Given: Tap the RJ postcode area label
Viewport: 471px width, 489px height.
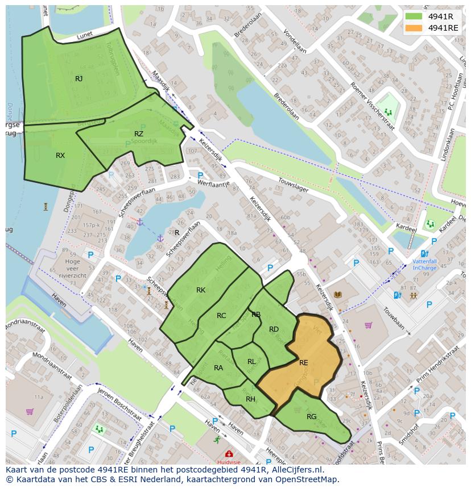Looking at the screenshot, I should tap(78, 79).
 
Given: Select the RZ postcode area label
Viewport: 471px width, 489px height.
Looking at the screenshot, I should tap(139, 134).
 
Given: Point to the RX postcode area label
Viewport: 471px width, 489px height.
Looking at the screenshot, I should tap(60, 156).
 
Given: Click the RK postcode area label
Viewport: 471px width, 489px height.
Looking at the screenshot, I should tap(201, 290).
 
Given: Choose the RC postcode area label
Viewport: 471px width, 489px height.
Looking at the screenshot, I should tap(221, 316).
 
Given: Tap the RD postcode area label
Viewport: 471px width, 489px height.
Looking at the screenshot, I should tap(274, 329).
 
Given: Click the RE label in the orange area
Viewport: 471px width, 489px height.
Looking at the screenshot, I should tap(304, 362).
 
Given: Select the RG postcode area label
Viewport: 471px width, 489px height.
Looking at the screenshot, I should tap(311, 417).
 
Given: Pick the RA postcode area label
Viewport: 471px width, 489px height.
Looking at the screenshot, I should tap(218, 368).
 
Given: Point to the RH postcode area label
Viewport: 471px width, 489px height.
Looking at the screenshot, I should tap(250, 399).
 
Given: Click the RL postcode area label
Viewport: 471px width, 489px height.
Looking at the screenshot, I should tap(251, 361).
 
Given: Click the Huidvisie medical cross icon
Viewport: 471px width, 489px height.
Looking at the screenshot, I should tap(229, 454).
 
